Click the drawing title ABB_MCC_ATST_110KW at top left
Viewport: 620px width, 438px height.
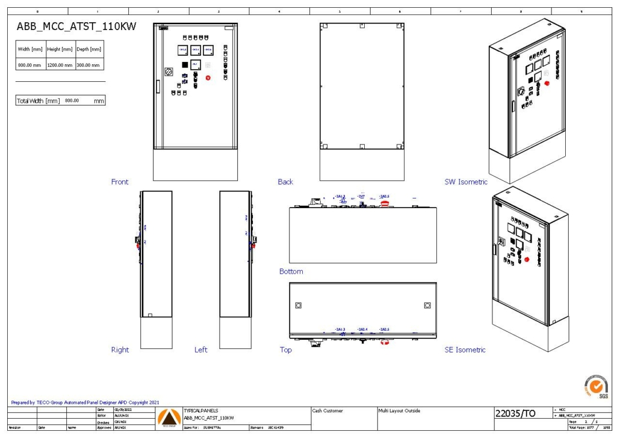76,26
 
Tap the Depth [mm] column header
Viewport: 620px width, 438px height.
88,49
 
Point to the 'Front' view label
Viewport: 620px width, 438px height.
120,182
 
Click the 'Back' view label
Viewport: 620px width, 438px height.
285,182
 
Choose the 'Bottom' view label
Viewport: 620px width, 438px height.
291,271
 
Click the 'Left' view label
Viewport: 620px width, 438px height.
201,350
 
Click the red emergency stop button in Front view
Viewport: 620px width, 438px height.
209,78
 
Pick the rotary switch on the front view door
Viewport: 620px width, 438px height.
169,71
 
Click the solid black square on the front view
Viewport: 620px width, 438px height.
184,64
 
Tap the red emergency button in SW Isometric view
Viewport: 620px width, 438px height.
547,84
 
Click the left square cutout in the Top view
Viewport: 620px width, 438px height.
298,305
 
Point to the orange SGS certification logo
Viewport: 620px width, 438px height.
596,386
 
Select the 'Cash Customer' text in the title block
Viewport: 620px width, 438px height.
328,411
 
